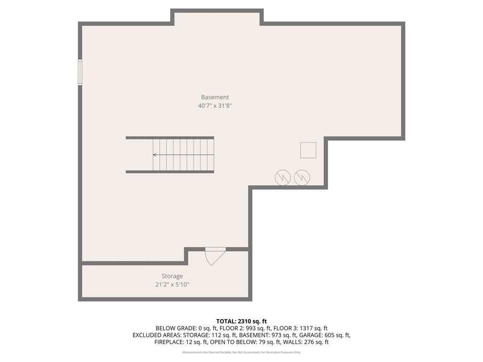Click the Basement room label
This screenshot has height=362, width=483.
(215, 97)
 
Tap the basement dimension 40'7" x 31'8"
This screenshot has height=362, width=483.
(215, 106)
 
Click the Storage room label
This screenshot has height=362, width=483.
(172, 276)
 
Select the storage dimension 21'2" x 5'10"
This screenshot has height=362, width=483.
(172, 284)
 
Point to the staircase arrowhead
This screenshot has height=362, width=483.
(155, 155)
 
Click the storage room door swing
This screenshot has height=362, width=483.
(216, 257)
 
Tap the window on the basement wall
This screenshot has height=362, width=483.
(80, 72)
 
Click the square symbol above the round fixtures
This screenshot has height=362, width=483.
(308, 150)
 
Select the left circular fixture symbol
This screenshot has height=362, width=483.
(283, 178)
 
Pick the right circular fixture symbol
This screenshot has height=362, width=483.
(302, 178)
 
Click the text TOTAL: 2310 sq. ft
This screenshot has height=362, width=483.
(241, 321)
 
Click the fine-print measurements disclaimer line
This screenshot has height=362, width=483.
(241, 352)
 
